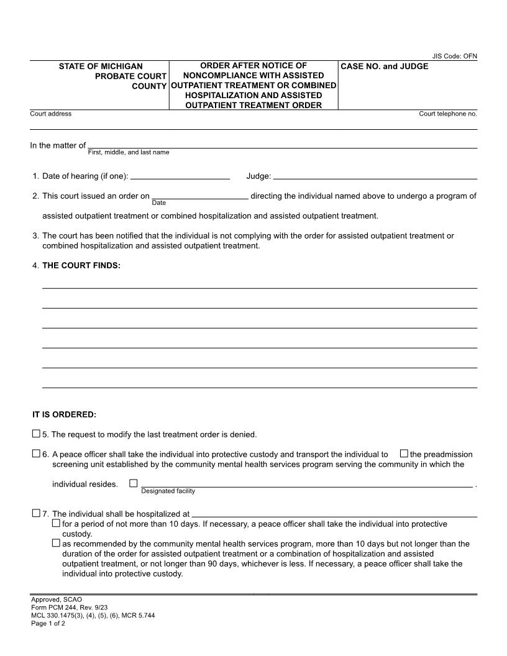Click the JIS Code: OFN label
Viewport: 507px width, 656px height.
point(455,57)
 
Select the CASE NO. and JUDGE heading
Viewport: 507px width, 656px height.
point(384,66)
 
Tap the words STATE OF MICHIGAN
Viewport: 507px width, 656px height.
point(101,66)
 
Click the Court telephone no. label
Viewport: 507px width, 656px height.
point(448,114)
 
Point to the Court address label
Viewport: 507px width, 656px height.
point(51,114)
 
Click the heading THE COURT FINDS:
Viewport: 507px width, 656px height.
point(81,266)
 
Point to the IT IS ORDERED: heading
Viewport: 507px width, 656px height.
point(65,414)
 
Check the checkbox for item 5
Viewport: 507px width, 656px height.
point(36,434)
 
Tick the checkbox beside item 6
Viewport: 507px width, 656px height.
point(36,453)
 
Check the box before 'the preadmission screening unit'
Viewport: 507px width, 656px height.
point(404,453)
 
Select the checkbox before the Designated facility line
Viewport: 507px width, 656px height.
point(133,483)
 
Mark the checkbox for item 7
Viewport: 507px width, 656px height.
point(36,513)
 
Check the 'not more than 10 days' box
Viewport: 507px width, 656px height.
point(57,523)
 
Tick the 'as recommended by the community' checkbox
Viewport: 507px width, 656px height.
point(57,543)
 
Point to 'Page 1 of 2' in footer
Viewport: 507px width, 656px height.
point(48,624)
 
